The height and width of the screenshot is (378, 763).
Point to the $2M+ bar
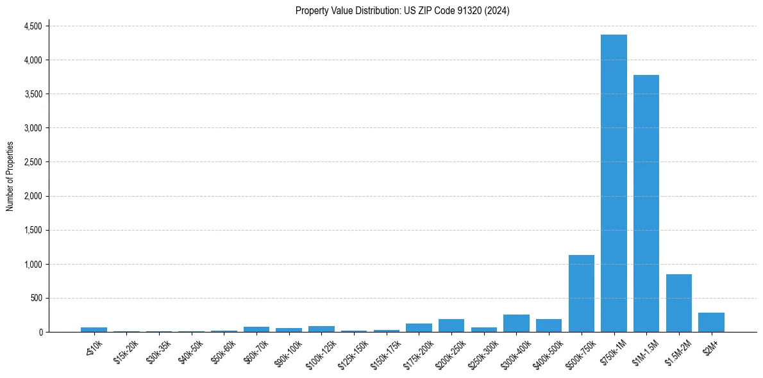point(711,322)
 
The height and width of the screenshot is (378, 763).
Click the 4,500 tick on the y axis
point(33,26)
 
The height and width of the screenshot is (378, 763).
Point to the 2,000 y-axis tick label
point(33,196)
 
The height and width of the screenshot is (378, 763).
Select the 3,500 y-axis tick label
point(33,94)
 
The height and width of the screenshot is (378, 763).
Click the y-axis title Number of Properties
point(10,177)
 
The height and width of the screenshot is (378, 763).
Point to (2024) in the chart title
point(498,11)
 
